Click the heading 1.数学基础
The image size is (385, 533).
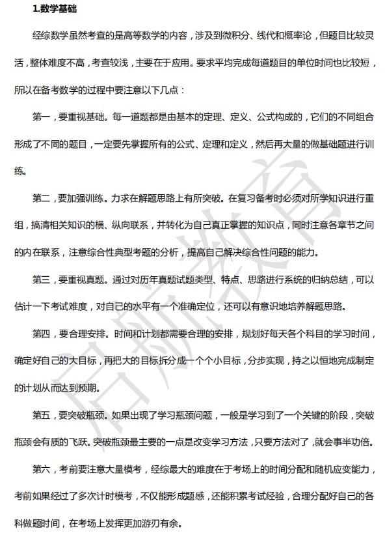pos(56,9)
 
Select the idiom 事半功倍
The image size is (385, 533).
pos(354,441)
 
